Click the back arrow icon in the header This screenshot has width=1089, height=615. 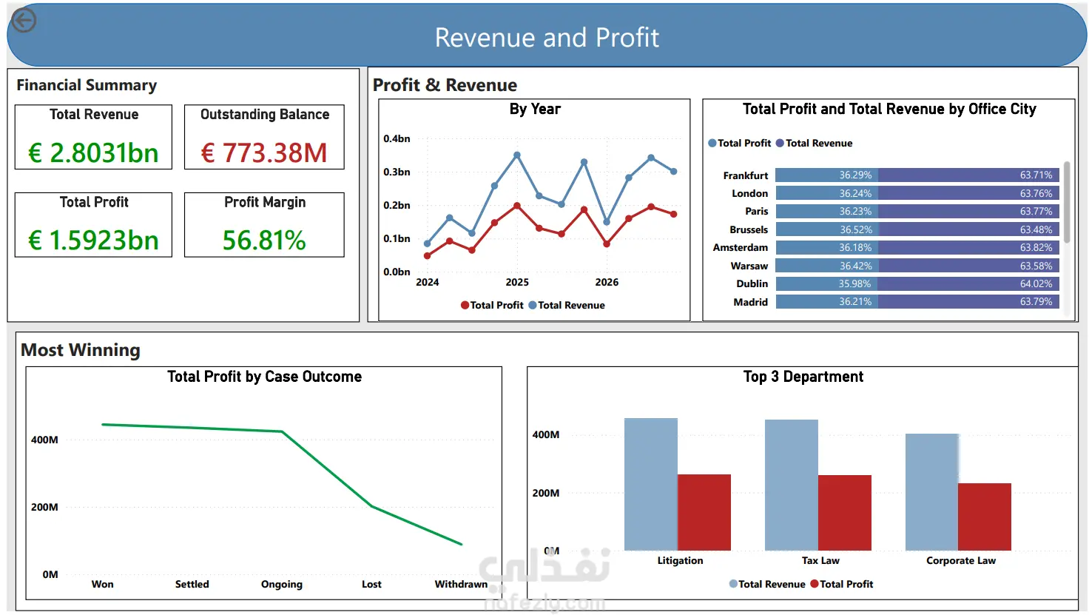click(x=24, y=20)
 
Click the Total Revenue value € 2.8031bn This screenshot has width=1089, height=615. click(x=93, y=152)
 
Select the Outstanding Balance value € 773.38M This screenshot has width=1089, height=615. click(x=264, y=152)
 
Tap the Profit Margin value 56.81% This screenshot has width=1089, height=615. click(x=264, y=241)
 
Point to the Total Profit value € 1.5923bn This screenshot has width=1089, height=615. click(x=93, y=241)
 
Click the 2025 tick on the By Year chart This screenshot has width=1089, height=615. click(x=517, y=282)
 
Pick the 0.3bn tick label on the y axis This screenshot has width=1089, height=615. click(x=397, y=172)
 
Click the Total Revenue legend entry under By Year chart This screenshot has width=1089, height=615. click(x=567, y=306)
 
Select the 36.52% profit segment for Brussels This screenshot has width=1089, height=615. click(x=826, y=229)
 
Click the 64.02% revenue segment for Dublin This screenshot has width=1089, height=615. click(x=968, y=283)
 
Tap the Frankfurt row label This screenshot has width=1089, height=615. click(x=745, y=175)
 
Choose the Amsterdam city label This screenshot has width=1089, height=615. click(x=741, y=247)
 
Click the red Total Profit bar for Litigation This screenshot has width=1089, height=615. click(x=704, y=512)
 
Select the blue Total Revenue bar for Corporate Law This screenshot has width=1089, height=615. click(x=932, y=492)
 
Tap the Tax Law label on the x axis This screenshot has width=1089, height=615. click(x=820, y=560)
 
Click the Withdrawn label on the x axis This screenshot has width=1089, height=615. click(x=461, y=584)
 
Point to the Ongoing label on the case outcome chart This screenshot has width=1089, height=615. click(x=281, y=584)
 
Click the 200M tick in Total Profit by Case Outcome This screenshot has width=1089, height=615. click(x=44, y=507)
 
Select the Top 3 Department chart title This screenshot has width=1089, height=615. click(x=803, y=377)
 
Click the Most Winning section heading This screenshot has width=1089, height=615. click(x=80, y=350)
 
